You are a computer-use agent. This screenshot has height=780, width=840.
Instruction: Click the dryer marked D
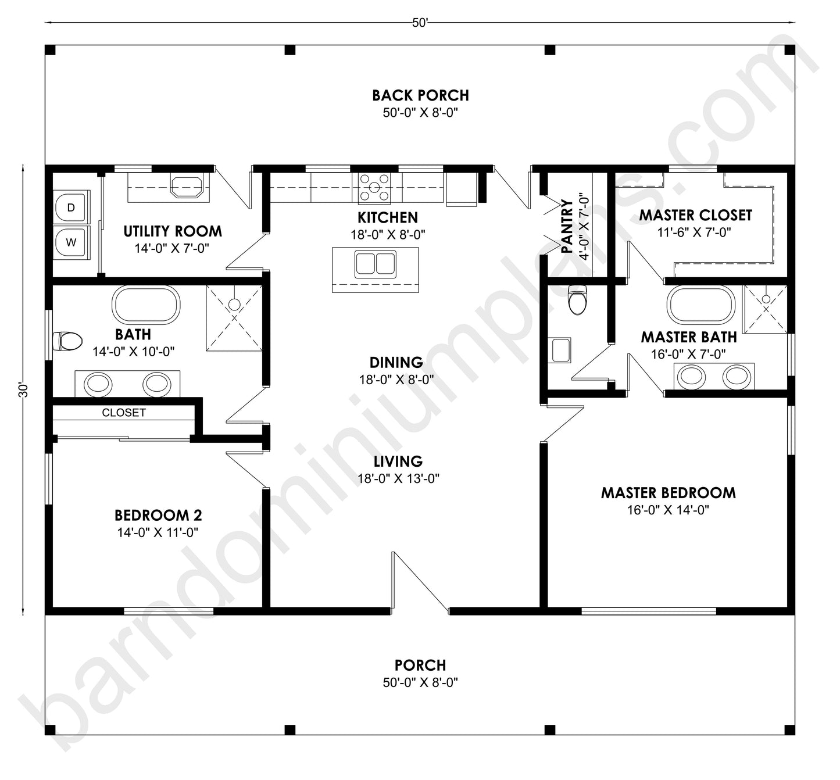point(71,207)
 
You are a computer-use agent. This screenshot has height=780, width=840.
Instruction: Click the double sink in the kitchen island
point(376,262)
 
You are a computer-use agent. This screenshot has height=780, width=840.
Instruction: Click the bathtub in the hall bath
point(146,305)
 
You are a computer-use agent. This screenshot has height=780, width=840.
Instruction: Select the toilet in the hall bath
point(67,341)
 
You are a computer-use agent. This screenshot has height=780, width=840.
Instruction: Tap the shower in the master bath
point(766,309)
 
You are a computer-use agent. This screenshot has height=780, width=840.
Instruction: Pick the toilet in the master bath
point(577,299)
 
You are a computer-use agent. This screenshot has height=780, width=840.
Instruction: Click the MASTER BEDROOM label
point(668,493)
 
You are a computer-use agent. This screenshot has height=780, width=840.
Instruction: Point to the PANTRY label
point(567,227)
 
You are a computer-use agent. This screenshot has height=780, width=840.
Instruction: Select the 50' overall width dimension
point(420,23)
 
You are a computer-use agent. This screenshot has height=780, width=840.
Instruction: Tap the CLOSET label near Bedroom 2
point(124,413)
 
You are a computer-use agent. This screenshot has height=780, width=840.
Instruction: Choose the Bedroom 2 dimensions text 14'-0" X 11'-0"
point(158,532)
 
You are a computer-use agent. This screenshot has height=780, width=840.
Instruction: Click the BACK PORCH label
point(420,95)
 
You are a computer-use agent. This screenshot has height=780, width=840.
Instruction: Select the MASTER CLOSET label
point(695,215)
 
